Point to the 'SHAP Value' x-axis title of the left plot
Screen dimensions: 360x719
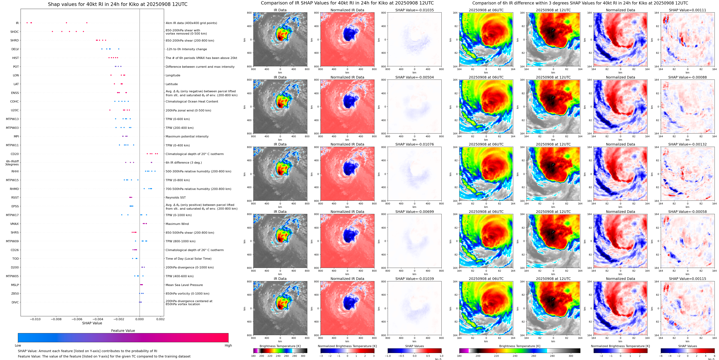[92, 323]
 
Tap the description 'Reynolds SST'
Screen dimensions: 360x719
[175, 197]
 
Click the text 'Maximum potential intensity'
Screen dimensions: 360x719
[187, 137]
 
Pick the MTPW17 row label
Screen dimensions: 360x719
[12, 215]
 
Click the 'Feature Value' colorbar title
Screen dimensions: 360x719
[123, 331]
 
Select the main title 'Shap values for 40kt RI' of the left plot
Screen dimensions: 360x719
[117, 4]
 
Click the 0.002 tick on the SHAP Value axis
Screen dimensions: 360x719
[160, 319]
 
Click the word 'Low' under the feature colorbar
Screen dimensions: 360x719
[18, 345]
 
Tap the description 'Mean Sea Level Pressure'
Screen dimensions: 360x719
[184, 285]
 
